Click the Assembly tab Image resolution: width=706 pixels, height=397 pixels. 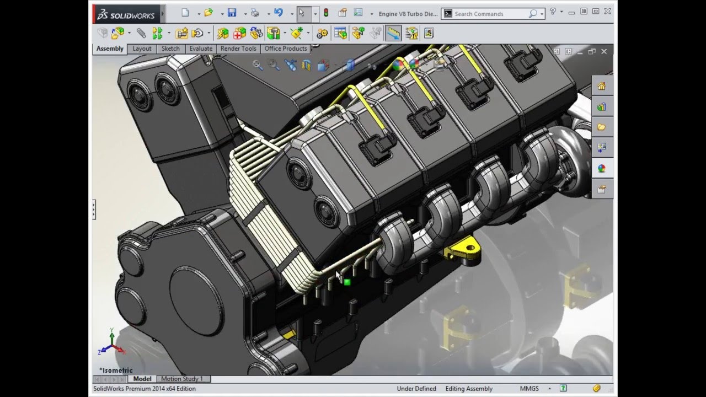click(x=110, y=49)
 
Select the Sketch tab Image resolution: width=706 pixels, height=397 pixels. click(x=170, y=49)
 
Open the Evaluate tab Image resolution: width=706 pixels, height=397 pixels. click(x=201, y=49)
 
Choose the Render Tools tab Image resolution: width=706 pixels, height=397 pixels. click(x=238, y=49)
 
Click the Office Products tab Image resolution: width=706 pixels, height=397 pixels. click(x=285, y=49)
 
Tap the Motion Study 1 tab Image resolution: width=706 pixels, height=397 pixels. click(x=181, y=379)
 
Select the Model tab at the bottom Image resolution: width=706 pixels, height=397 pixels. click(x=142, y=379)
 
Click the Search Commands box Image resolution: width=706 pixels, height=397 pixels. click(x=488, y=14)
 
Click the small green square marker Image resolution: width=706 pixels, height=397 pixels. click(x=347, y=282)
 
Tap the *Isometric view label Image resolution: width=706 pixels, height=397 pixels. click(x=116, y=370)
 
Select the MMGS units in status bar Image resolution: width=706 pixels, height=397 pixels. click(x=529, y=389)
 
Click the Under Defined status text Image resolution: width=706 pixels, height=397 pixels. click(x=416, y=389)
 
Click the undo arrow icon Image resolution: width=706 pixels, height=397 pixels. click(x=278, y=13)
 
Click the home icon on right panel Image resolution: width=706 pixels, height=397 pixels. click(x=601, y=86)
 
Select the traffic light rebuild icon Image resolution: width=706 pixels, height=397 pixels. click(x=326, y=13)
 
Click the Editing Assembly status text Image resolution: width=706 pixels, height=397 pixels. click(x=469, y=389)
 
